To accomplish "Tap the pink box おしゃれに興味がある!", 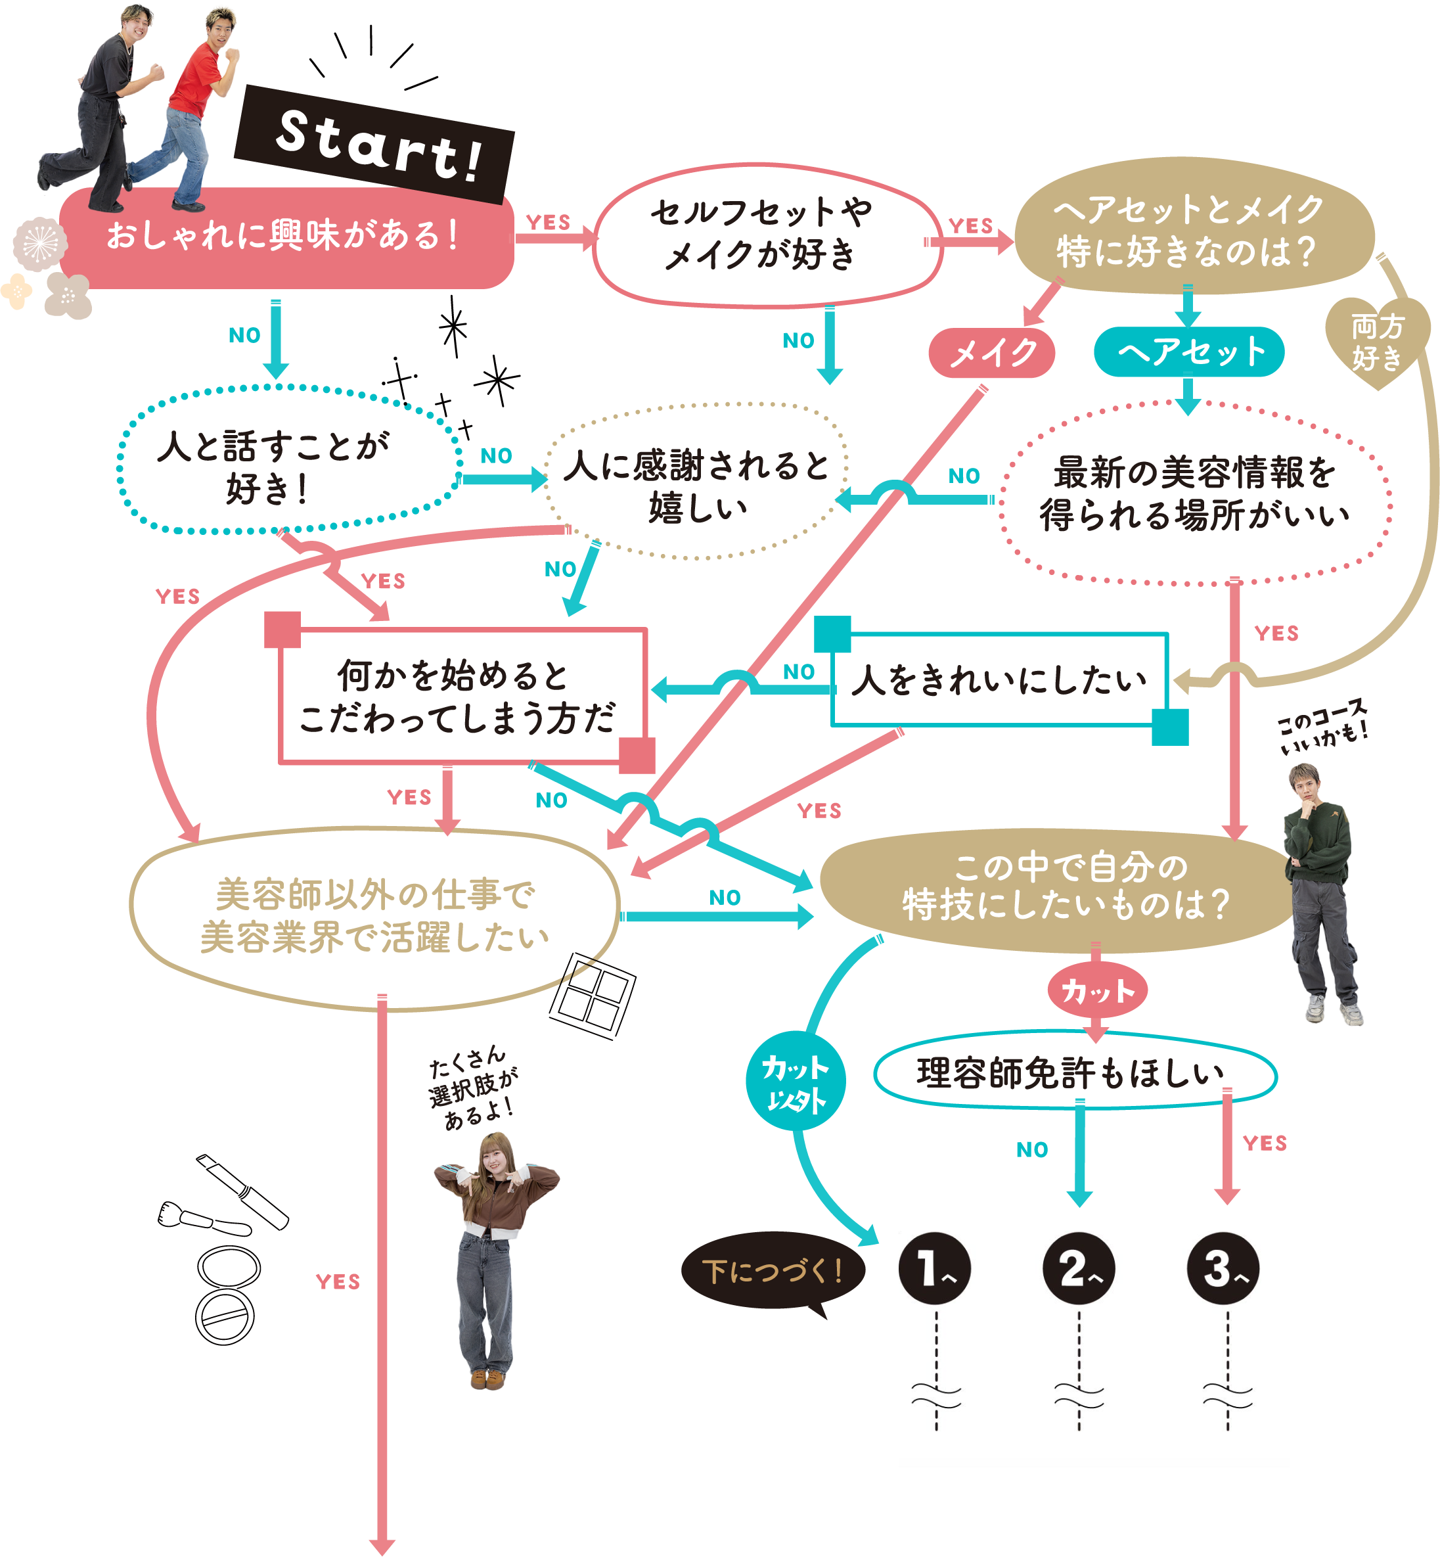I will [x=284, y=237].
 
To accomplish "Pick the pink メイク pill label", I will [x=992, y=353].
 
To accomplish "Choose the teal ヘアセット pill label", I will [x=1189, y=352].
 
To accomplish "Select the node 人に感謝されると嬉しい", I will [x=695, y=483].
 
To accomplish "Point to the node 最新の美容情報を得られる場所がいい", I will [x=1194, y=494].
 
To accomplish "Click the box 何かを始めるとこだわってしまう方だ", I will [x=461, y=696].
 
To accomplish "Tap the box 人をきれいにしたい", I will [x=1000, y=679].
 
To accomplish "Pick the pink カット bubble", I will [x=1097, y=990].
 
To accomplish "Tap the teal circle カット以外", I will [x=795, y=1081].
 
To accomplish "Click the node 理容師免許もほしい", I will [x=1074, y=1073].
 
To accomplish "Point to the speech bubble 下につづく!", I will [x=772, y=1271].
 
